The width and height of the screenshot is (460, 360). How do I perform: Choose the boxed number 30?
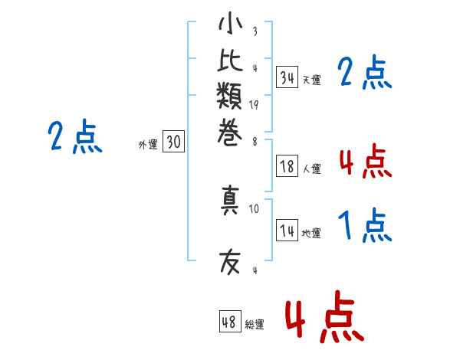pos(173,142)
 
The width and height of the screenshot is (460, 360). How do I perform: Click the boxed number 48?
pos(229,322)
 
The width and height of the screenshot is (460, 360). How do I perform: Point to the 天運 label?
pos(312,80)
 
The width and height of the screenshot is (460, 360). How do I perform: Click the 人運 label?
pos(312,169)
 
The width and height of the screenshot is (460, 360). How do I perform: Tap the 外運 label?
pos(147,144)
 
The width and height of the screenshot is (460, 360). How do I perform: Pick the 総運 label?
pos(255,325)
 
